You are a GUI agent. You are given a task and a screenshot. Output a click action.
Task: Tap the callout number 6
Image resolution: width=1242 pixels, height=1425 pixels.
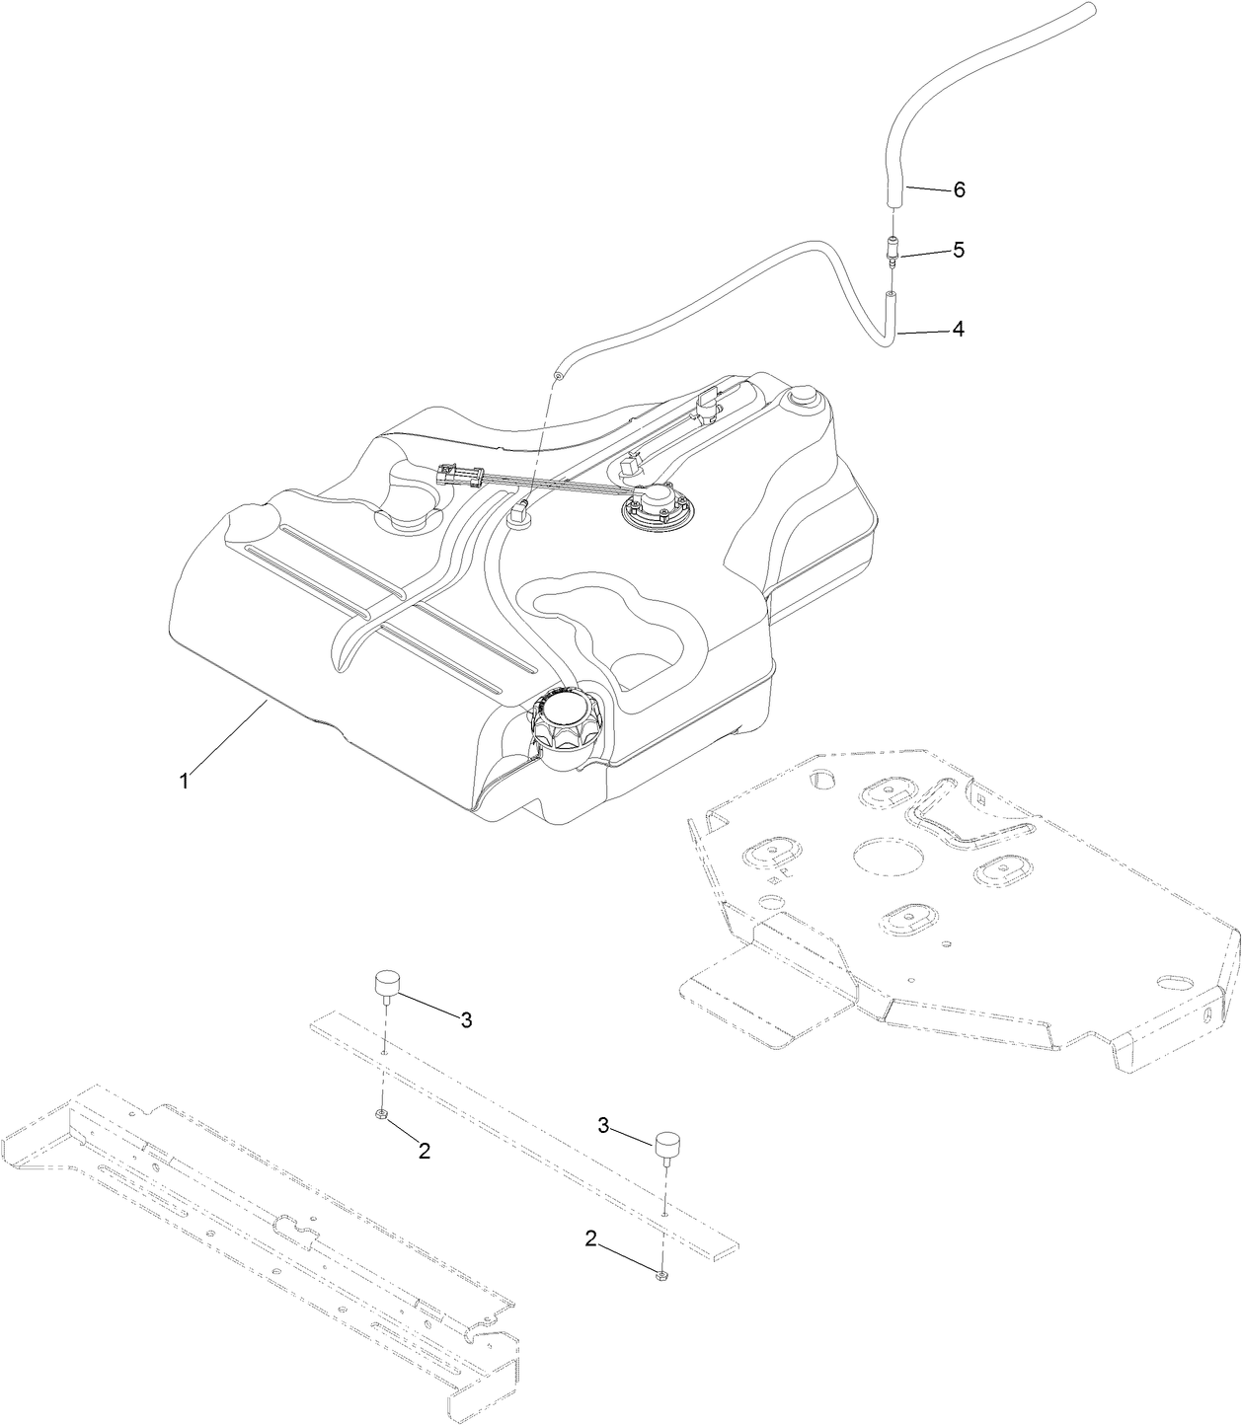(x=959, y=190)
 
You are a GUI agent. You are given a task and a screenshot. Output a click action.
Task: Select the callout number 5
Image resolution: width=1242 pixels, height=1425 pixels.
(x=959, y=251)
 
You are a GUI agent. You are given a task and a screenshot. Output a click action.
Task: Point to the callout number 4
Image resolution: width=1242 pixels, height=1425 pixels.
(x=958, y=329)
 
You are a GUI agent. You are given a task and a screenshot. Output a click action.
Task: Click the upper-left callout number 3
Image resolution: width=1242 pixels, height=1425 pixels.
(x=466, y=1020)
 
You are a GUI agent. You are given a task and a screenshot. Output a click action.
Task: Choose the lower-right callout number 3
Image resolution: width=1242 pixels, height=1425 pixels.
(x=603, y=1124)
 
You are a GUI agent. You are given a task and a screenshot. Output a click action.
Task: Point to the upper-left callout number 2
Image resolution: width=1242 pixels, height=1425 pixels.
(x=425, y=1150)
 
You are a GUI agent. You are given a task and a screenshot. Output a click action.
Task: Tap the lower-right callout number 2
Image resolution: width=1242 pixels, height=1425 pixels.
(x=591, y=1240)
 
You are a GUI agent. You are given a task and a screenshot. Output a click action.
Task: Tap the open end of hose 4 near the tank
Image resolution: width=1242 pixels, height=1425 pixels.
(x=559, y=376)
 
